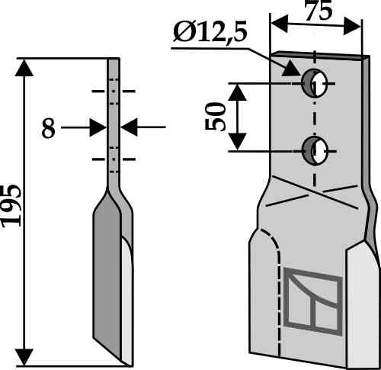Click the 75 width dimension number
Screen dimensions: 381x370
pos(319,11)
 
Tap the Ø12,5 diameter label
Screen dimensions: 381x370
pos(210,33)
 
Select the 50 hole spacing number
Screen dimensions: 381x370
pos(216,117)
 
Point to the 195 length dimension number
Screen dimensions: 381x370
pos(11,206)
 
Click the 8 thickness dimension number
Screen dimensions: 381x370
pos(48,128)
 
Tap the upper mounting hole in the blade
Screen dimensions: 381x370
pos(315,83)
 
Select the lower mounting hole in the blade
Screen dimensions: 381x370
pos(315,151)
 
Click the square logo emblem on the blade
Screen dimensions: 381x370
pos(313,301)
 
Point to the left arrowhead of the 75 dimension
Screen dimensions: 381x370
pos(279,24)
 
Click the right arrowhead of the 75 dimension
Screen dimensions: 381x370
pos(352,26)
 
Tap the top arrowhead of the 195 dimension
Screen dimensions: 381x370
pos(24,68)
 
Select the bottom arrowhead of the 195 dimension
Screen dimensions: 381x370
pos(24,357)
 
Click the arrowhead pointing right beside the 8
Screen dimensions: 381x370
pos(98,127)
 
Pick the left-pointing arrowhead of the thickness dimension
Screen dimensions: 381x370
pos(129,127)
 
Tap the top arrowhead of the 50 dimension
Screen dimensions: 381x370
pos(237,92)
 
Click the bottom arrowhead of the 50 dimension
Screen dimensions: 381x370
pos(237,142)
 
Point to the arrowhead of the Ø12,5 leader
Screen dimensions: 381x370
pos(292,68)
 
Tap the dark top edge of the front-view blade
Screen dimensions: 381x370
pos(319,56)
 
